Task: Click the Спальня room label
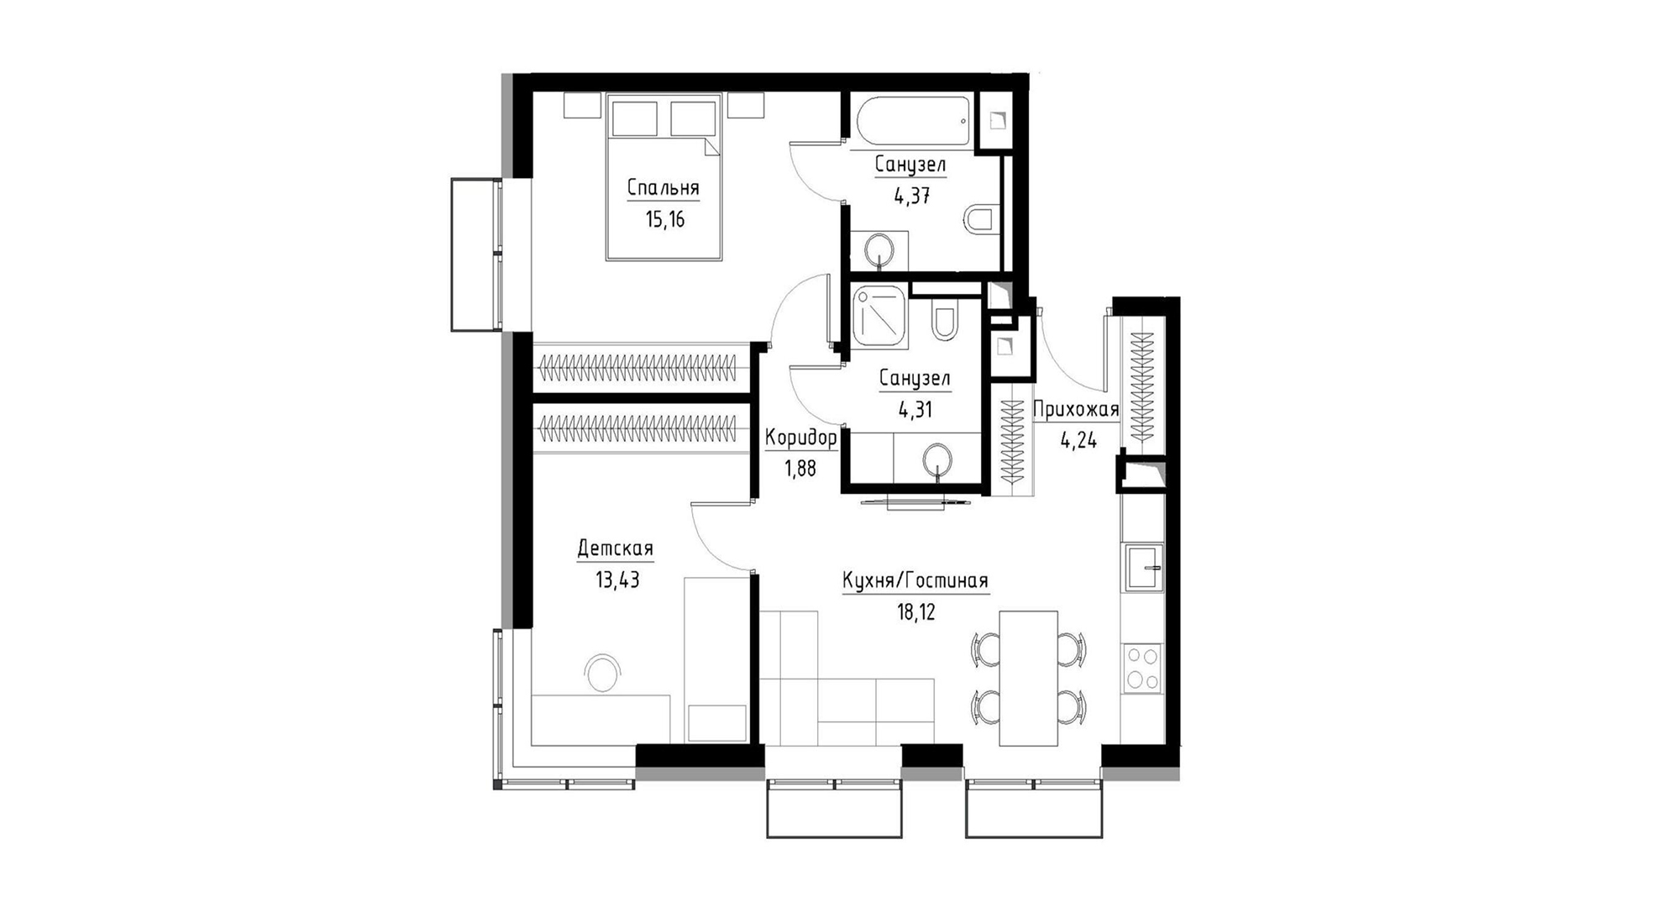663,187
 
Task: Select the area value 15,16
665,220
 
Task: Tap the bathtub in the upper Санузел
914,121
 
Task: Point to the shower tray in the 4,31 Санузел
879,317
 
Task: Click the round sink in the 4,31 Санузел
937,461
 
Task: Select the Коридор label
800,438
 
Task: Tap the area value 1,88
800,468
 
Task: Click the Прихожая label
1075,409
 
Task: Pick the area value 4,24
1078,440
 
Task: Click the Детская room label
615,549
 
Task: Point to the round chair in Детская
603,674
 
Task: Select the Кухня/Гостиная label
915,580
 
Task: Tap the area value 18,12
915,612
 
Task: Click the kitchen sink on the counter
1145,568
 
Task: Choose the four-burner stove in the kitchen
1142,668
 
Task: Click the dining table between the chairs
1028,678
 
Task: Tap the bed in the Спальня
664,176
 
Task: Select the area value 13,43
617,579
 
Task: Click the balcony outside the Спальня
476,254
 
